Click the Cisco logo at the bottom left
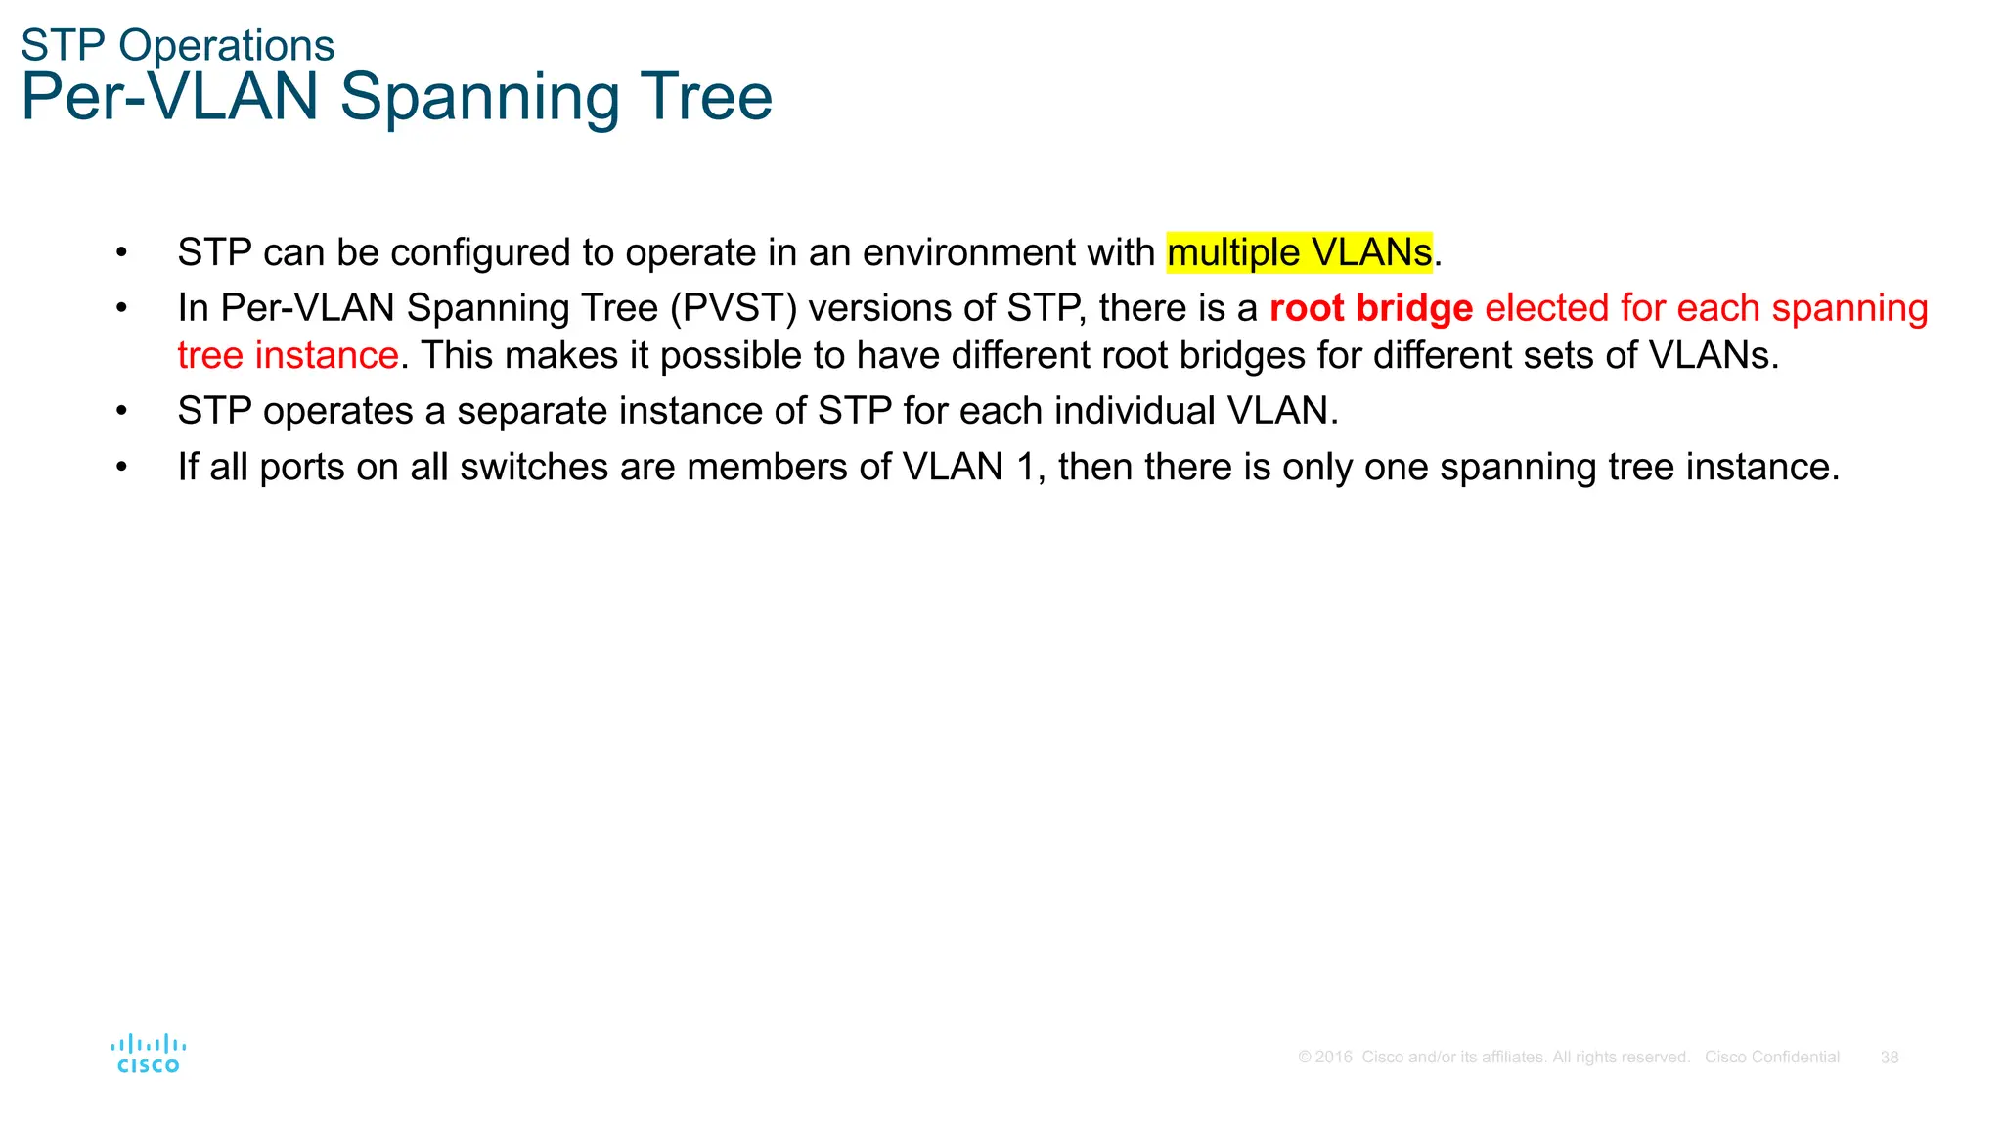pyautogui.click(x=149, y=1055)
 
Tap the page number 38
pyautogui.click(x=1890, y=1058)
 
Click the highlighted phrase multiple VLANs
pyautogui.click(x=1299, y=252)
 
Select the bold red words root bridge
pyautogui.click(x=1370, y=308)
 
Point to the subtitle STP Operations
pyautogui.click(x=177, y=45)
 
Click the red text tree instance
pyautogui.click(x=288, y=355)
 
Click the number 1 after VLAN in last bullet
pyautogui.click(x=1025, y=467)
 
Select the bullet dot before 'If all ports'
pyautogui.click(x=121, y=467)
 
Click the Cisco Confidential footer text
pyautogui.click(x=1771, y=1058)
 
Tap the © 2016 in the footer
pyautogui.click(x=1325, y=1058)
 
